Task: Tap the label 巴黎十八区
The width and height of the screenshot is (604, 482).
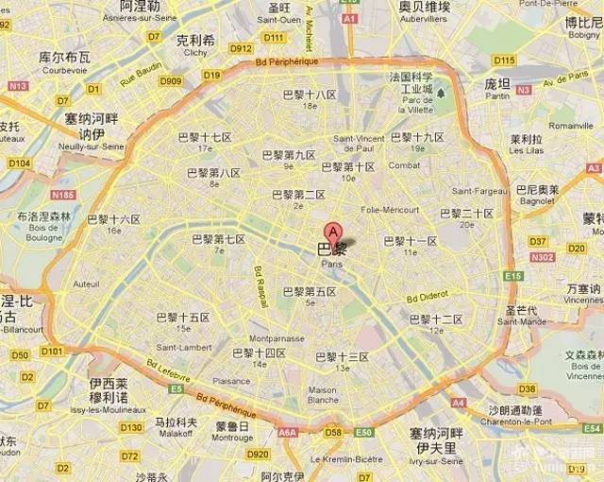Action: (310, 95)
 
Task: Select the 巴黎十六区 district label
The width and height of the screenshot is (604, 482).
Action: (114, 219)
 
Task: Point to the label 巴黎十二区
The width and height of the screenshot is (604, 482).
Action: (436, 319)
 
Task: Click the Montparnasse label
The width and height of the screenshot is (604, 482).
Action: (276, 337)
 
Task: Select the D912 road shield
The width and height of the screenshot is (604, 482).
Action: (241, 49)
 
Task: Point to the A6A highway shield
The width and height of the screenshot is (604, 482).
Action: (287, 432)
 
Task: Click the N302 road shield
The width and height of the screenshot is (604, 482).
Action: (543, 256)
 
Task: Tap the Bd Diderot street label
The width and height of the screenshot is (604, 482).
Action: (427, 294)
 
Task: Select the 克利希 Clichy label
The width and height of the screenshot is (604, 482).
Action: (195, 44)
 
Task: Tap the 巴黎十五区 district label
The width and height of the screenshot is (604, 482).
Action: (183, 318)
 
